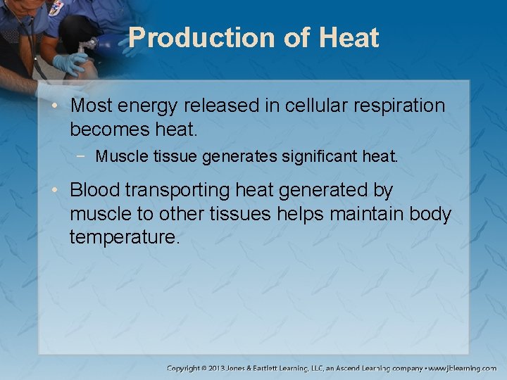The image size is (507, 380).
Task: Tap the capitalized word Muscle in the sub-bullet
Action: [119, 156]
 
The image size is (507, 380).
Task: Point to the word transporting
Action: [184, 190]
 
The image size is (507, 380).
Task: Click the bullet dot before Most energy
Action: [60, 106]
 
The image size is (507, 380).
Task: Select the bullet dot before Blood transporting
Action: [60, 191]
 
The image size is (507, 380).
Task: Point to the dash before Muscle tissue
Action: [85, 156]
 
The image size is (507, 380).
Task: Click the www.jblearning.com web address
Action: [463, 368]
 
